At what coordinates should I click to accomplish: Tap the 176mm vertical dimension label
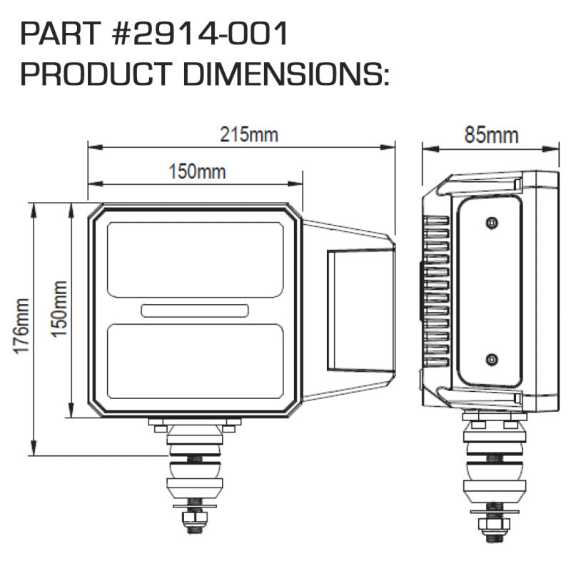[x=21, y=328]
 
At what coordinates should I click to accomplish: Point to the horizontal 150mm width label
[x=197, y=171]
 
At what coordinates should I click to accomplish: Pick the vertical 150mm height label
[x=60, y=308]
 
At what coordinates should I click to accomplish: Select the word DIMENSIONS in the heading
[x=285, y=74]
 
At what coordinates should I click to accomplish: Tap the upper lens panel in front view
[x=195, y=259]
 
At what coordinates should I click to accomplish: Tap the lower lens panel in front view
[x=195, y=360]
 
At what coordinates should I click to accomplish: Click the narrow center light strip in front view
[x=195, y=310]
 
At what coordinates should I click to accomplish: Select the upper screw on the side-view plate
[x=490, y=223]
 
